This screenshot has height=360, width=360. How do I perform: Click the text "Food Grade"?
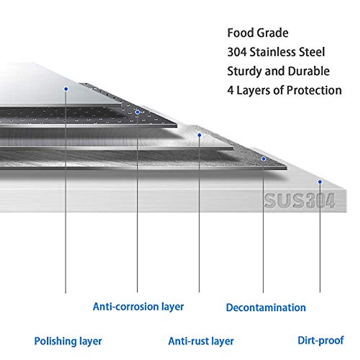(x=258, y=33)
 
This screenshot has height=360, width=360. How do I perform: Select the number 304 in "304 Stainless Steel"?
(x=237, y=52)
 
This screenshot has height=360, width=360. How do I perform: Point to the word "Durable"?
(x=308, y=71)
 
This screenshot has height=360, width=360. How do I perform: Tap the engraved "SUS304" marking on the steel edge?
(x=299, y=201)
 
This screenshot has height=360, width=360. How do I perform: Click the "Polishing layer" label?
(x=68, y=341)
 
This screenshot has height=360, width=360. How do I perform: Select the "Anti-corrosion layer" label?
(x=138, y=307)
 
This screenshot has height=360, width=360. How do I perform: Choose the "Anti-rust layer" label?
(x=201, y=341)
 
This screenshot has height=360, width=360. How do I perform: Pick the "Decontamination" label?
(x=266, y=308)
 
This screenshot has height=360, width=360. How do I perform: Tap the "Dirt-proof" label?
(x=321, y=340)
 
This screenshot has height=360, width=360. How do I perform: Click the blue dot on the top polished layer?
(x=66, y=89)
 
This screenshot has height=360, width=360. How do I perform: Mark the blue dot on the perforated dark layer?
(x=137, y=112)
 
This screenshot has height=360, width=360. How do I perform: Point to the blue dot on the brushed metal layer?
(x=199, y=135)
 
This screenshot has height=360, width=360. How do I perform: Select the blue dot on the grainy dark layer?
(x=263, y=159)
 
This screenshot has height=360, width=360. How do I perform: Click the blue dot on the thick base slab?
(x=320, y=182)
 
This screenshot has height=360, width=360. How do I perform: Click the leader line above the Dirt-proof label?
(x=320, y=240)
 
